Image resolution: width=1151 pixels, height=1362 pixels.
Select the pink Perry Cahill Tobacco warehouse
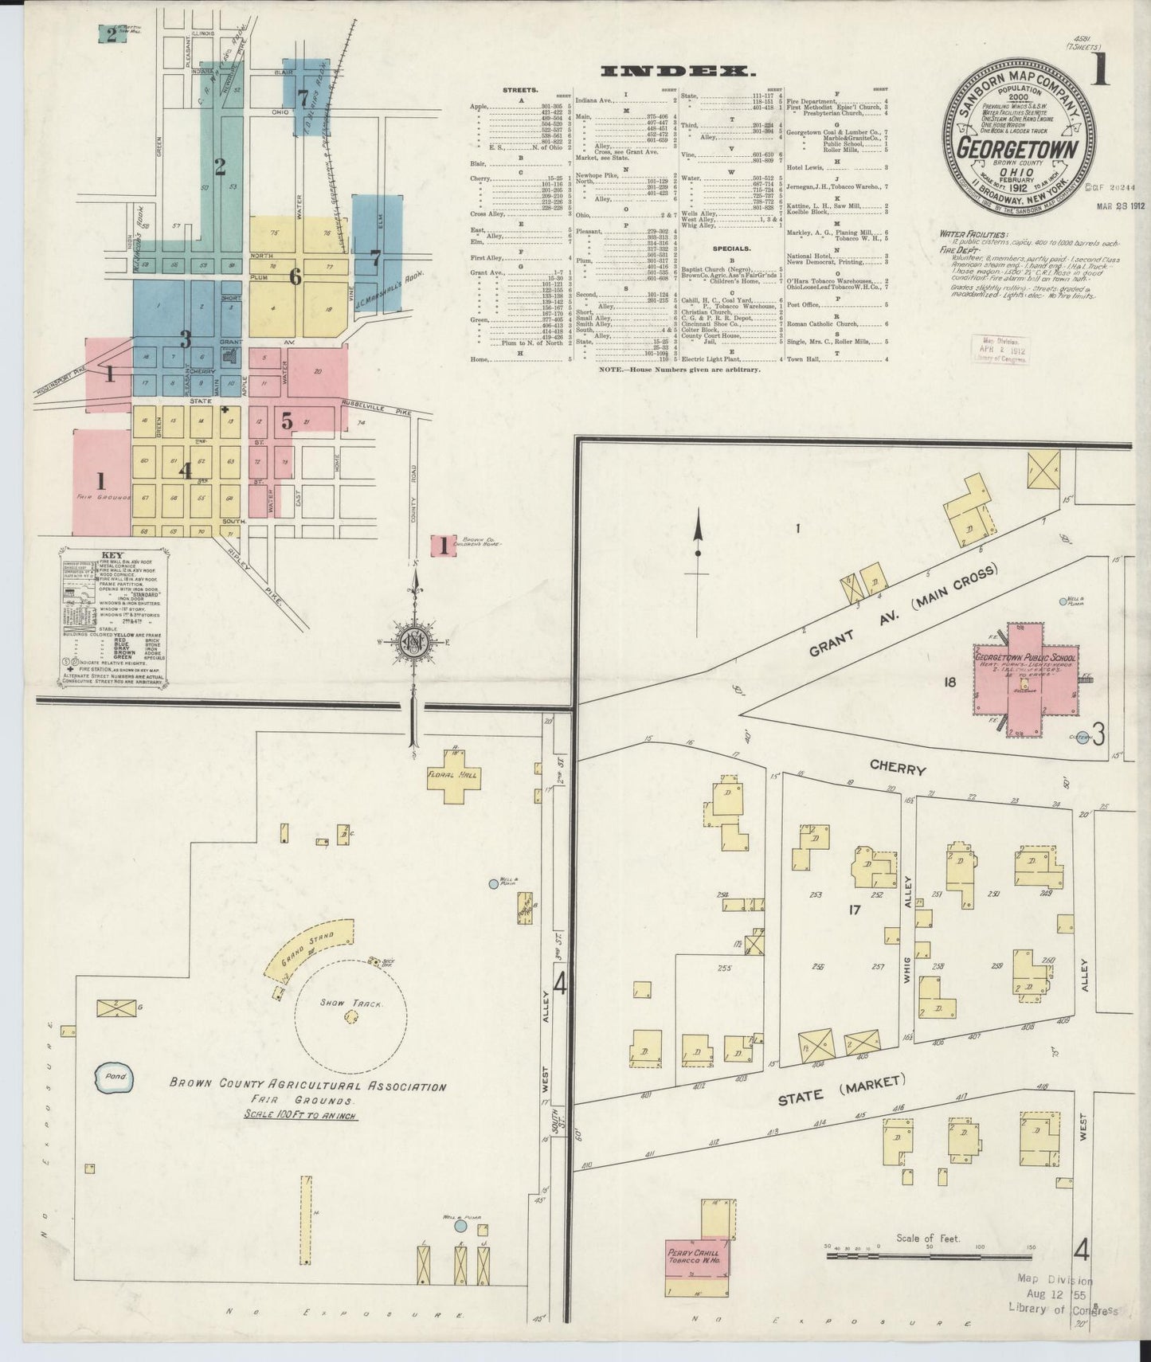click(699, 1275)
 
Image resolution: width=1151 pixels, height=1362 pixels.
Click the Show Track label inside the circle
click(350, 1004)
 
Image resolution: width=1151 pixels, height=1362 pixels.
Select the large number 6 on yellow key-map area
click(295, 277)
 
